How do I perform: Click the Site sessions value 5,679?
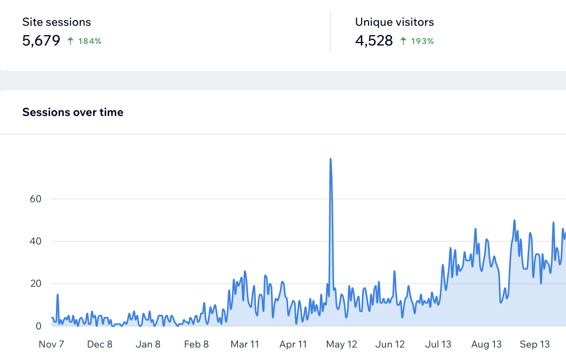(41, 41)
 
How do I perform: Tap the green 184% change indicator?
(89, 41)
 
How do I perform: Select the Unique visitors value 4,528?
(374, 41)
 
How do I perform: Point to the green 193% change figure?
(422, 41)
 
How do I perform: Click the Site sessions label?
(56, 22)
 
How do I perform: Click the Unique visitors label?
(394, 22)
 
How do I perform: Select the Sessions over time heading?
(73, 112)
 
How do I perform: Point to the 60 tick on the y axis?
(35, 199)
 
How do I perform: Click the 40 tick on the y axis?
(35, 241)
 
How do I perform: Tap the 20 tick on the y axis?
(35, 283)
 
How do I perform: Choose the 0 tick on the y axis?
(38, 326)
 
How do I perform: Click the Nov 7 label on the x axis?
(51, 344)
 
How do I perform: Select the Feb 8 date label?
(196, 344)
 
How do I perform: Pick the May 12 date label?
(341, 344)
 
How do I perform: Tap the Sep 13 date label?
(534, 344)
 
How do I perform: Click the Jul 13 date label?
(438, 344)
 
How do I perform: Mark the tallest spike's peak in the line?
(331, 159)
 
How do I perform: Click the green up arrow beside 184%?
(70, 41)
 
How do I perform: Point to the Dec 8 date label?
(99, 344)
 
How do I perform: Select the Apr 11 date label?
(293, 344)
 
